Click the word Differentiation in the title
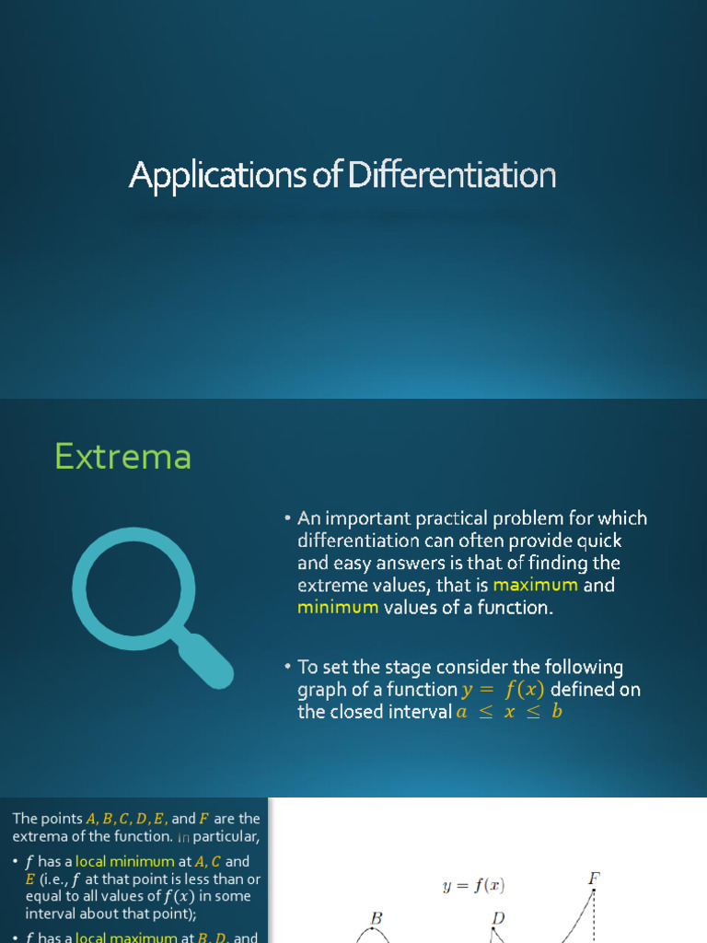[x=451, y=175]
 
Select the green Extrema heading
[x=122, y=457]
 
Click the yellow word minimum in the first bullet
[x=337, y=608]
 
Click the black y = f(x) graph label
[x=473, y=887]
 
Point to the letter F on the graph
[x=594, y=879]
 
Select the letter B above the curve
[x=376, y=918]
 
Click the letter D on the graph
[x=499, y=918]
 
